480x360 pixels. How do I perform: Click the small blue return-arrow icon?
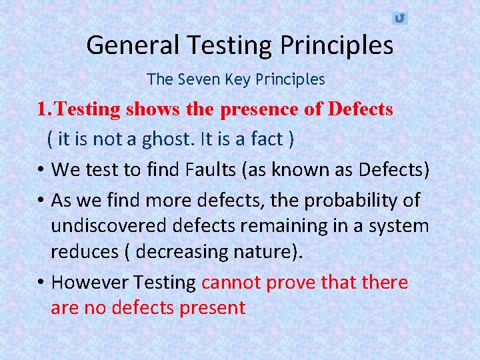point(399,18)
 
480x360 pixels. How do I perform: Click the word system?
point(398,225)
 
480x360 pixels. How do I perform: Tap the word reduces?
point(84,253)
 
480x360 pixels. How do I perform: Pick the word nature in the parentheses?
point(260,253)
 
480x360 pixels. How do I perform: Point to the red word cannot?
point(231,282)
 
